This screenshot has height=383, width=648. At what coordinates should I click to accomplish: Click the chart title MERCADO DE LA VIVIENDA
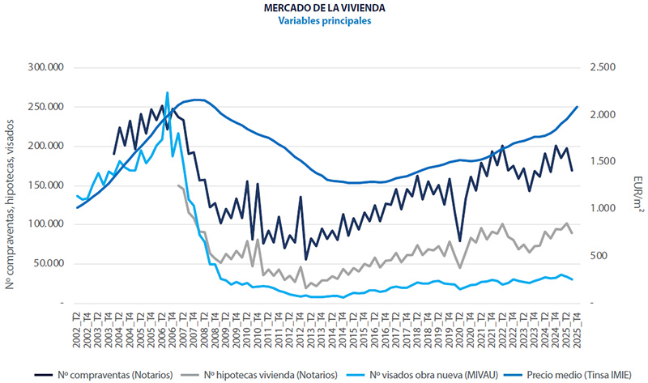click(324, 8)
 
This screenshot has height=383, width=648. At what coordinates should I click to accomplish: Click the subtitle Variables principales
click(324, 22)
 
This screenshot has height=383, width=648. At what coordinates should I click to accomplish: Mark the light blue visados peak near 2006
click(167, 93)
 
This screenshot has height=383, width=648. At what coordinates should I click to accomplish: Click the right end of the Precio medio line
click(577, 107)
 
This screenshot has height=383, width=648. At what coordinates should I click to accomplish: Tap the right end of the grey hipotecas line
click(572, 233)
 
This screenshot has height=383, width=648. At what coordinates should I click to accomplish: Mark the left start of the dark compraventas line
click(114, 154)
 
